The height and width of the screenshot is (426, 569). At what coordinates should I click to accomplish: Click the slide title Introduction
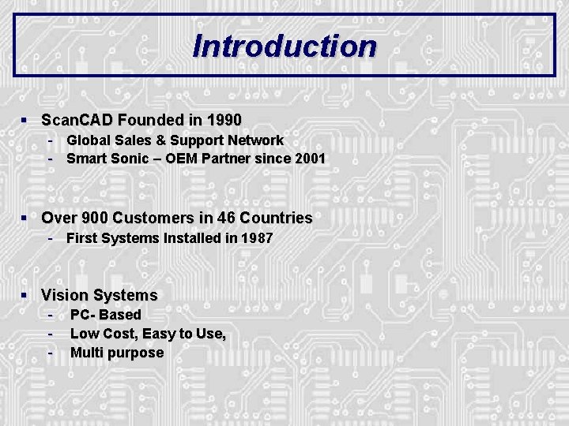tap(284, 46)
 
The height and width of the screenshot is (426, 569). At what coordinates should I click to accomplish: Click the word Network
tap(254, 140)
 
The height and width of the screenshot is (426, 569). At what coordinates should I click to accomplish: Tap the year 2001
tap(310, 159)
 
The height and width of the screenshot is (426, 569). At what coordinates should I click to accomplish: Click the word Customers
tap(151, 218)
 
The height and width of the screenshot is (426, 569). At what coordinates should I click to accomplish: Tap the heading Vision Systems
tap(100, 296)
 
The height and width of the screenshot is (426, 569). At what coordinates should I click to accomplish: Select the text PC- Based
tap(106, 315)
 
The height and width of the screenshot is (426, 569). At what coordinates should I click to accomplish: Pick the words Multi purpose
tap(117, 353)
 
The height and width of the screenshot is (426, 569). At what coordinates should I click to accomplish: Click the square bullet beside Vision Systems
tap(25, 295)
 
